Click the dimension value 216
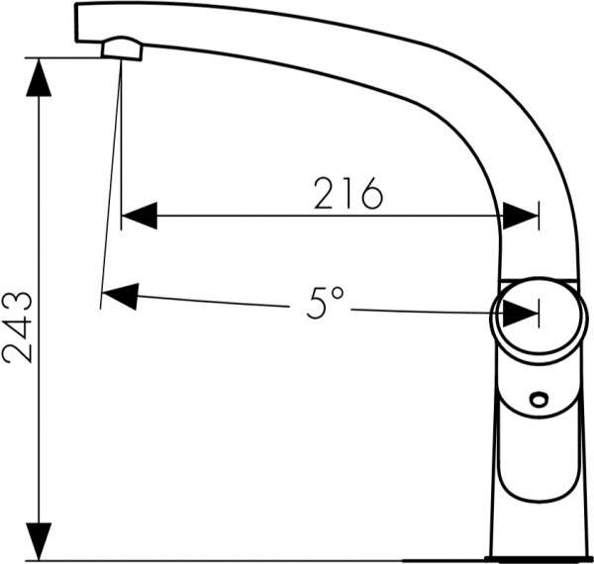point(348,194)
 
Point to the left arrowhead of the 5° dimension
point(119,295)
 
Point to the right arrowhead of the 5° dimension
point(521,314)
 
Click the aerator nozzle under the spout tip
point(121,47)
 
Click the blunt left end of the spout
point(79,22)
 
